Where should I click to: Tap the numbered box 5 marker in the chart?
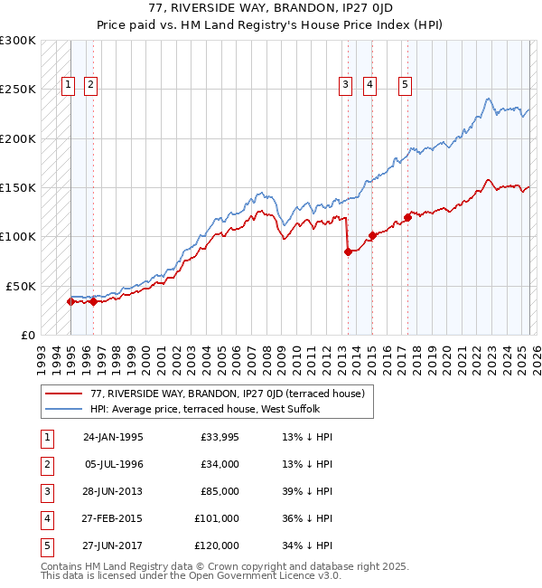[x=403, y=86]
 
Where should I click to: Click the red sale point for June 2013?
[x=348, y=252]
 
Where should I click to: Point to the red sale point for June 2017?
[x=407, y=217]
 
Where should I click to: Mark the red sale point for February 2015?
[x=372, y=236]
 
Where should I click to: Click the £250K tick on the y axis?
[x=18, y=90]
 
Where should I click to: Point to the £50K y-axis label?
[x=21, y=286]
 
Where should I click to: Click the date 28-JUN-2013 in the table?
[x=113, y=491]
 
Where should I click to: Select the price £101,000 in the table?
[x=217, y=518]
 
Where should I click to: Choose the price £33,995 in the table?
[x=219, y=437]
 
